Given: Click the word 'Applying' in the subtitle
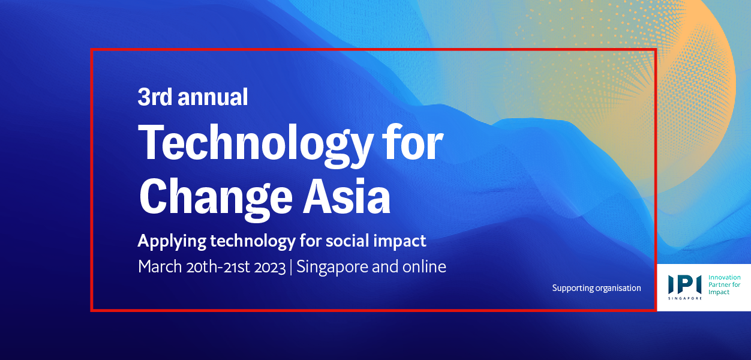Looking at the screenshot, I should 172,242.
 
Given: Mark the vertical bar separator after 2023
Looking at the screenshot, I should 291,267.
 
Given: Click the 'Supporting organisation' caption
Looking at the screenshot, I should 596,288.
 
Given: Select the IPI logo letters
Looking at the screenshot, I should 684,284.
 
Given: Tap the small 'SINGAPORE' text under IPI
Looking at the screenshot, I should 684,298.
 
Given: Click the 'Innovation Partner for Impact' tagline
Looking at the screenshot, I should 724,285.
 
